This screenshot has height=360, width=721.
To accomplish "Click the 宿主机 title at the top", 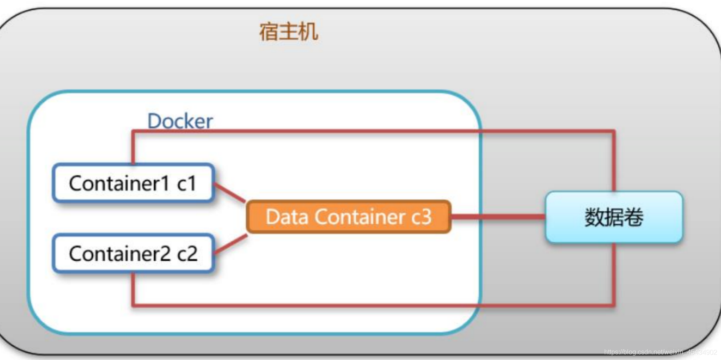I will [288, 32].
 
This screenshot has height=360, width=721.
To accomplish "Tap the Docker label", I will [180, 121].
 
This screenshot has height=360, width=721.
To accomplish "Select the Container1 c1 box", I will [133, 183].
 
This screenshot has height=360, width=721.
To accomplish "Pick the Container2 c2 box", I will [133, 254].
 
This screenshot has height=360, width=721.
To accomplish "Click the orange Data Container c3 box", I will [348, 217].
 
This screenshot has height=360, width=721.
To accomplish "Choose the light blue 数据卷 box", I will [614, 217].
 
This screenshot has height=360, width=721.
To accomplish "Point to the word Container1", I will [119, 183].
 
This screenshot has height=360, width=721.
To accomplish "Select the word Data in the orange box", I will [286, 217].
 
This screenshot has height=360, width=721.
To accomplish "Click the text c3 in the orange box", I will [421, 217].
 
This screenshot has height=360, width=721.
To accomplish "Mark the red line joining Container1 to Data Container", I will [230, 193].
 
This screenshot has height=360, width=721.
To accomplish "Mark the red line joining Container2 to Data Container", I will [231, 244].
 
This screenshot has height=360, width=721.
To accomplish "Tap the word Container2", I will [120, 254].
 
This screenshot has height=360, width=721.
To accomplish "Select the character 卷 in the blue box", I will [634, 217].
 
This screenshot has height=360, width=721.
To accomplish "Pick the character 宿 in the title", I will [269, 32].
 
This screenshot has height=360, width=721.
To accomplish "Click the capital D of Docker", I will [154, 121].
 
